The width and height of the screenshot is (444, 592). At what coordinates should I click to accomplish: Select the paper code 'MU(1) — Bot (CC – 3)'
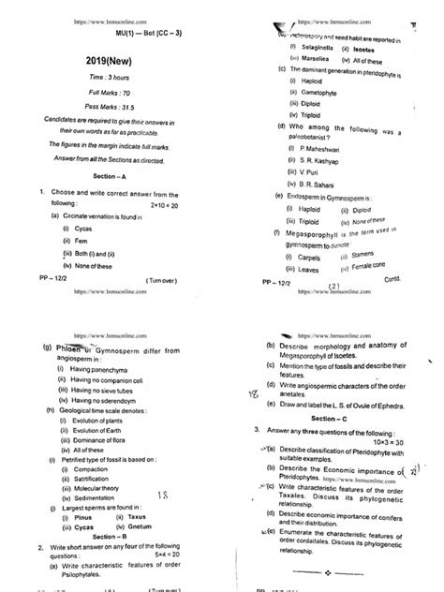pos(118,29)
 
